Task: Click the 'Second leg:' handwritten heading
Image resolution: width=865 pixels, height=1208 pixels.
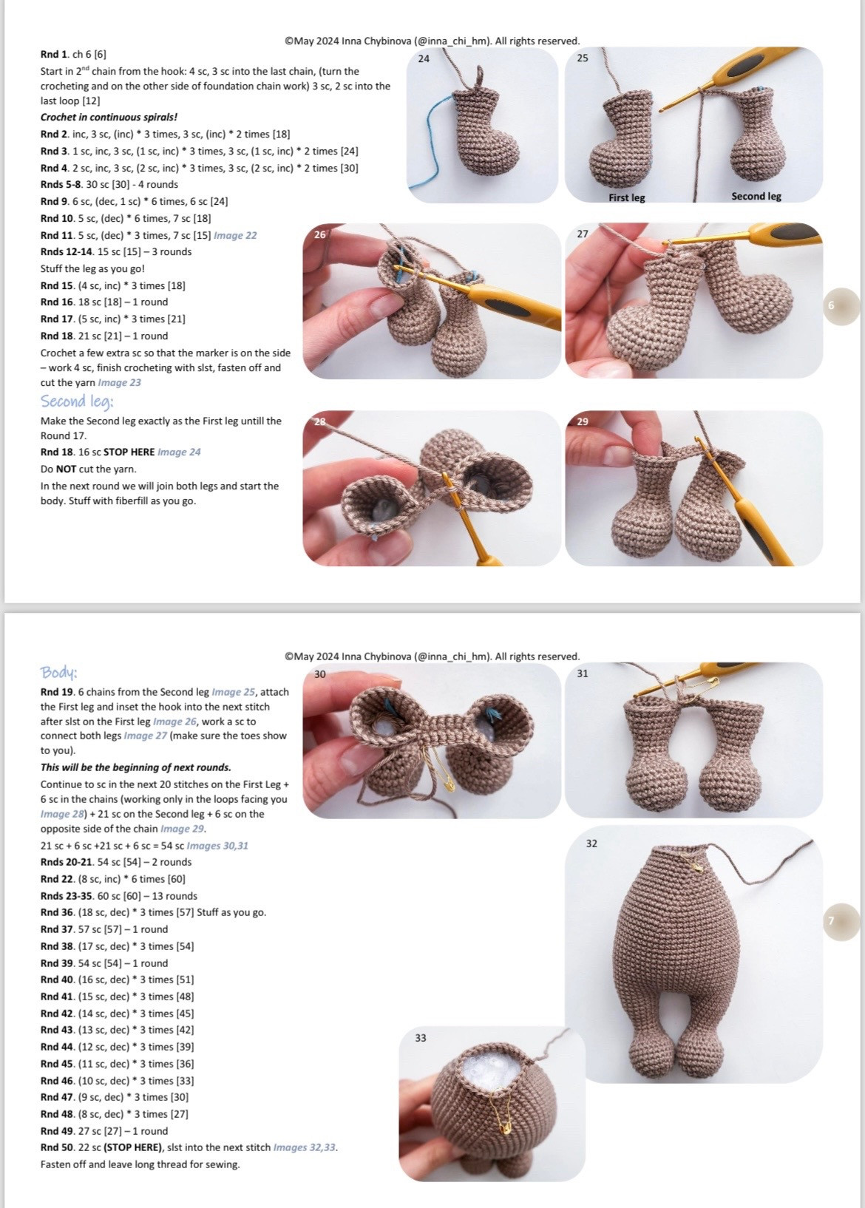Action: (x=77, y=401)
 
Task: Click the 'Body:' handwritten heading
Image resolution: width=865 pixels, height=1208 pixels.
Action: (x=59, y=673)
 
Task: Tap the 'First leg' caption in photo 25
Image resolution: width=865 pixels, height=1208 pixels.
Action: (x=627, y=197)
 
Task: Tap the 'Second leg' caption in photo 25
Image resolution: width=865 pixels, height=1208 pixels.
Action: (x=756, y=197)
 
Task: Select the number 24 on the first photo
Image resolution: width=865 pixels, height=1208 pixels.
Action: (x=424, y=58)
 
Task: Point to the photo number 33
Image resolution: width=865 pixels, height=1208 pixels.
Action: (x=421, y=1037)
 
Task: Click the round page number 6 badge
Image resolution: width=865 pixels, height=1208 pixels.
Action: (x=841, y=306)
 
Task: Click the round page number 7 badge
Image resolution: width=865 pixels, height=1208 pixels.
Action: (x=841, y=922)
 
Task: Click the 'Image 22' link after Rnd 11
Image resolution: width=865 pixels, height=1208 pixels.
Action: (x=235, y=235)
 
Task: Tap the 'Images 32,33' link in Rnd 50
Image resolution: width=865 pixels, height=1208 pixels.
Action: (x=305, y=1147)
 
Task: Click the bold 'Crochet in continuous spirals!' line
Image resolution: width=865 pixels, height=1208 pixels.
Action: (x=109, y=117)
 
